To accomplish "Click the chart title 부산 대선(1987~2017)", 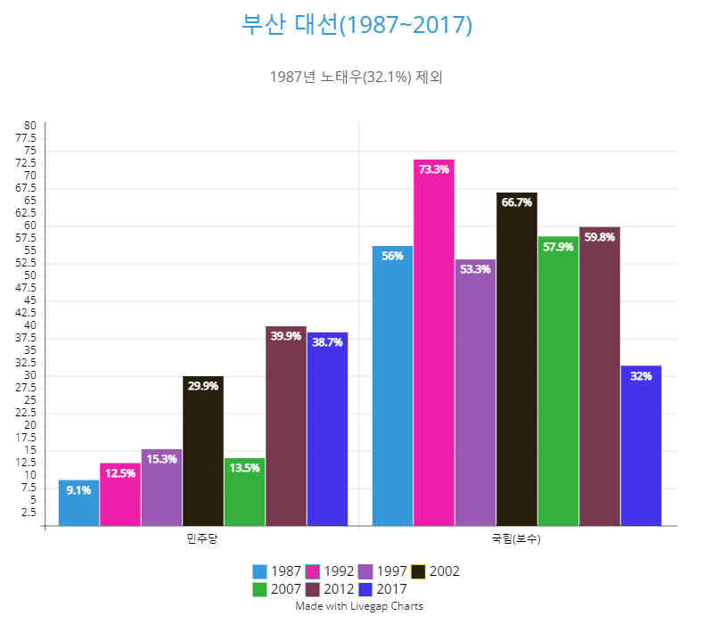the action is point(356,25).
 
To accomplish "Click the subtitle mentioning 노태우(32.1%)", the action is point(356,77).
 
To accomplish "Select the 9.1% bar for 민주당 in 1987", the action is point(78,503).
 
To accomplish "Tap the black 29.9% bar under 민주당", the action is point(203,451).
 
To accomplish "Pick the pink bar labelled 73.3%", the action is point(434,343).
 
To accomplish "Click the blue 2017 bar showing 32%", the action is point(641,446).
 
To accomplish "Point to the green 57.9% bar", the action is point(559,382).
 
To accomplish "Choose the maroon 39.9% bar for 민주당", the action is point(286,426).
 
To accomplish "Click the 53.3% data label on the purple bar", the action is point(475,269).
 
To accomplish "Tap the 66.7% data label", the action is point(517,202).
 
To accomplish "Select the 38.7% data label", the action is point(327,342).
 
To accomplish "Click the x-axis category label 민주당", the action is point(202,539).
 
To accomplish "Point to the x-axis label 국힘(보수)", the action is point(516,539).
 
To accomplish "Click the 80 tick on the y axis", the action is point(30,126).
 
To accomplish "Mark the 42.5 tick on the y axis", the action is point(26,313).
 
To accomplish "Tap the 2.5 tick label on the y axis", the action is point(29,513).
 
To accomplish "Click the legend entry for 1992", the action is point(330,571).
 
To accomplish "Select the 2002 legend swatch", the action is point(418,571).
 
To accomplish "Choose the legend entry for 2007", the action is point(277,589).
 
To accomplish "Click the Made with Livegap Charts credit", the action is point(359,606).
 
